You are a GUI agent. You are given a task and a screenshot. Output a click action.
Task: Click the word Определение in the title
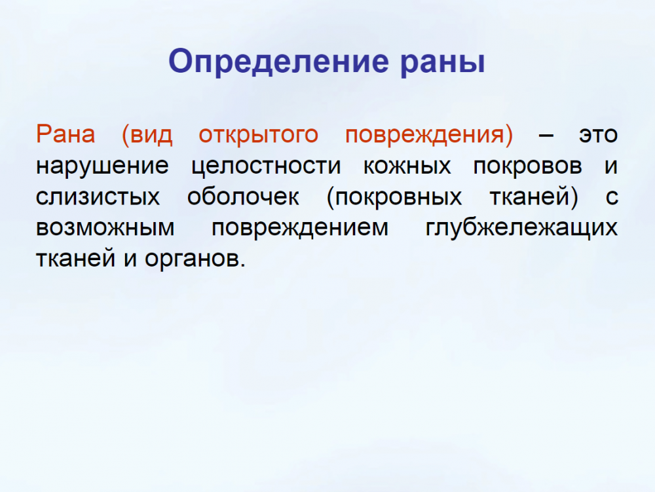(278, 62)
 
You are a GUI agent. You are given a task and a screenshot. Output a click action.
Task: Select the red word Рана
(65, 134)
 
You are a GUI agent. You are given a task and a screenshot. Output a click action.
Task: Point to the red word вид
(151, 134)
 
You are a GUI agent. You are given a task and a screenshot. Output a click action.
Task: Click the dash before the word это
(546, 136)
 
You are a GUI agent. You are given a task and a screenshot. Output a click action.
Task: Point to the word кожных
(407, 166)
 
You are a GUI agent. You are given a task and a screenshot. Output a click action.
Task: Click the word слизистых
(98, 197)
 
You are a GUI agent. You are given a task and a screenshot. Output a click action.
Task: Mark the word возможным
(105, 228)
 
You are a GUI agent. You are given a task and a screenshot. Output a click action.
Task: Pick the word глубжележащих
(521, 228)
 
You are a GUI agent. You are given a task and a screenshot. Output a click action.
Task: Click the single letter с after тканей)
(612, 197)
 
